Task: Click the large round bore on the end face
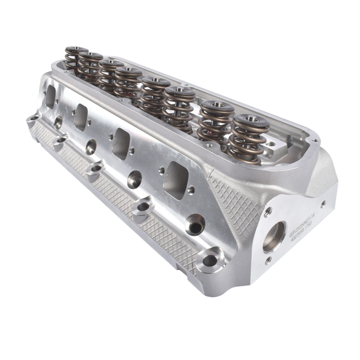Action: [274, 236]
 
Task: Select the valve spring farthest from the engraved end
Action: [76, 59]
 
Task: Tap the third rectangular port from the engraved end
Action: [81, 116]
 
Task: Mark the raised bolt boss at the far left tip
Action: [32, 118]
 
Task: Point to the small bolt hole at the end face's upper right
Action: [323, 204]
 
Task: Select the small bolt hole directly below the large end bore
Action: [268, 260]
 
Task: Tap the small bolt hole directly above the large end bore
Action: [268, 211]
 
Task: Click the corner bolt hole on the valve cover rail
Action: [271, 144]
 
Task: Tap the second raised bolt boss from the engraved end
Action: [142, 208]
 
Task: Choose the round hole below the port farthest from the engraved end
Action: [58, 122]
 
